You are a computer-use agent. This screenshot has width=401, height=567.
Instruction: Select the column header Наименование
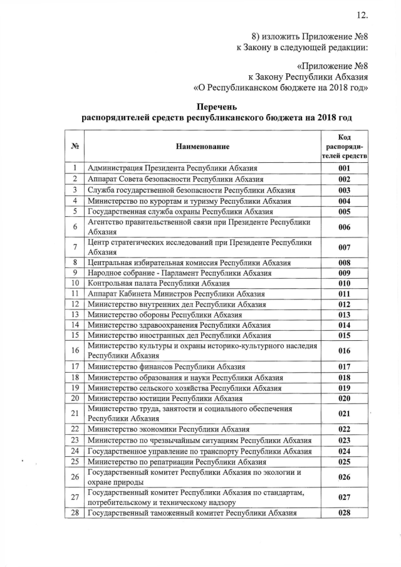202,147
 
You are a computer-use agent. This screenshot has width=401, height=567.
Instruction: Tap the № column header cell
75,147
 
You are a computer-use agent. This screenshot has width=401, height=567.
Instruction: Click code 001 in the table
344,169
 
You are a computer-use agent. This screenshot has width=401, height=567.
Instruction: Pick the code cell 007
344,247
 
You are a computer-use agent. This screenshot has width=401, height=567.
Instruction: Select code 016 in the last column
344,351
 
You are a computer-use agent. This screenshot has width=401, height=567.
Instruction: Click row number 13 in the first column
75,315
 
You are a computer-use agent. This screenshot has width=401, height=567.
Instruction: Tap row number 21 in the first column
75,414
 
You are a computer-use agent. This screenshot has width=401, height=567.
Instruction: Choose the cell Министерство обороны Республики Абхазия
167,315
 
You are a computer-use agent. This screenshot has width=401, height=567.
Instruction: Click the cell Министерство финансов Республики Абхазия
166,367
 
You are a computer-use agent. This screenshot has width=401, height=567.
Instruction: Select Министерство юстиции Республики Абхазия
165,398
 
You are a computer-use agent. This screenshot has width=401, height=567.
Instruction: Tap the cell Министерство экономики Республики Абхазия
169,429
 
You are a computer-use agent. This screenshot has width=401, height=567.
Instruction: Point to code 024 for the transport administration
344,451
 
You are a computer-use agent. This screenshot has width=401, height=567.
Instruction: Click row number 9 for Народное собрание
75,273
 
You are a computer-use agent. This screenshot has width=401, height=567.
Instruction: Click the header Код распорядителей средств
344,147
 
